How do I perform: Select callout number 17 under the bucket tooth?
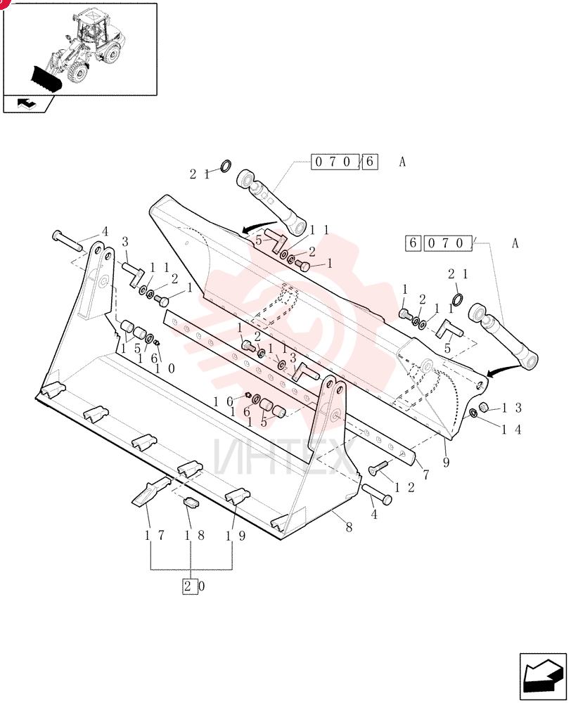pos(155,535)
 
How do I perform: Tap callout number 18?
pos(195,535)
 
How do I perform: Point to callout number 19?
pos(236,535)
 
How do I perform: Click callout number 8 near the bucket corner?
pos(349,527)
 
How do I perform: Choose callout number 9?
pos(446,462)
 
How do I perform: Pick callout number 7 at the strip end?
pos(425,474)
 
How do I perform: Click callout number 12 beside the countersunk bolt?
pos(404,487)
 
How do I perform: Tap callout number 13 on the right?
pos(512,408)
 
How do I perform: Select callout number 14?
pos(511,430)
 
